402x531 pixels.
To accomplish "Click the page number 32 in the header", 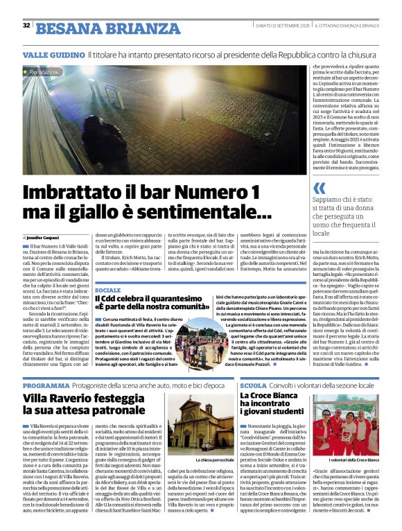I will coord(26,26).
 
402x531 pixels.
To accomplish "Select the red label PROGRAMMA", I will coord(46,385).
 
